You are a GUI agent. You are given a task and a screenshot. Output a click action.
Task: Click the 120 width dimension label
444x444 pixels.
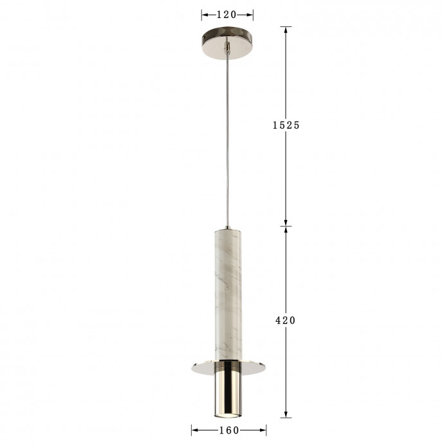pos(227,14)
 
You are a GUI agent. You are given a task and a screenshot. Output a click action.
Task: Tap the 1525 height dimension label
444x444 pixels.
pos(286,125)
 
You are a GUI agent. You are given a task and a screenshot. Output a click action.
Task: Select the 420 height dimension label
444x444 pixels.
pos(286,320)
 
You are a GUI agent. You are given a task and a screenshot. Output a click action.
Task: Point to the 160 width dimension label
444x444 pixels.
pos(228,430)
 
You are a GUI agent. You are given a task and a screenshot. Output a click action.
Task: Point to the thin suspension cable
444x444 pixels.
pos(227,142)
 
